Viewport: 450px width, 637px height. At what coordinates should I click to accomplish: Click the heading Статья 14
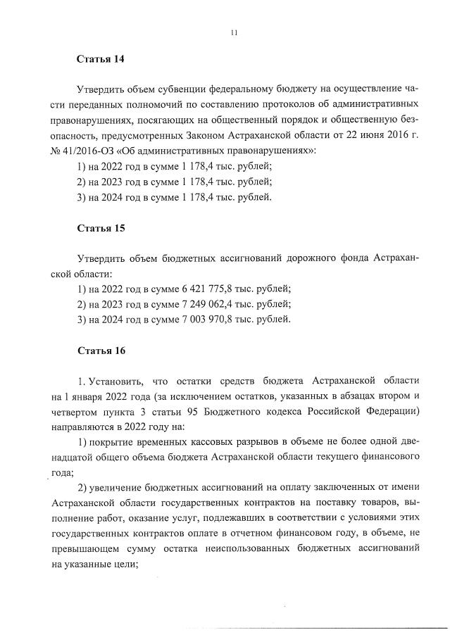(100, 59)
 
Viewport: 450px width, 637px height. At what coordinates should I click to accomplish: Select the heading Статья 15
(100, 229)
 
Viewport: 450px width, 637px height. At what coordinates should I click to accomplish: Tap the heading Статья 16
(100, 350)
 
